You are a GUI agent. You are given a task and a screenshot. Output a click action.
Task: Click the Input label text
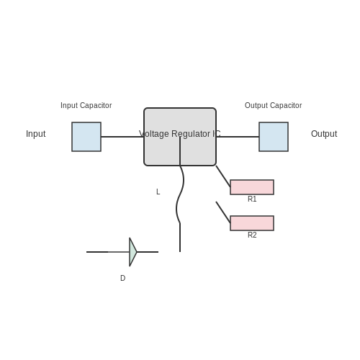pyautogui.click(x=36, y=134)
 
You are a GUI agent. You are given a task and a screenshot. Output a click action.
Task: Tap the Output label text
pyautogui.click(x=324, y=134)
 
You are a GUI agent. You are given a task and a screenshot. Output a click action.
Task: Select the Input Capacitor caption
pyautogui.click(x=86, y=105)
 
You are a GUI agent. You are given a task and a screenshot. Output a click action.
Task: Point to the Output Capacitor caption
pyautogui.click(x=274, y=105)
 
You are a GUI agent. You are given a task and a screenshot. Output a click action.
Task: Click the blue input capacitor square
pyautogui.click(x=86, y=137)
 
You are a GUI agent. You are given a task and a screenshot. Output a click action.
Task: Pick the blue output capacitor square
pyautogui.click(x=274, y=137)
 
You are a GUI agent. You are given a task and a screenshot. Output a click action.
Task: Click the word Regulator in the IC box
pyautogui.click(x=191, y=134)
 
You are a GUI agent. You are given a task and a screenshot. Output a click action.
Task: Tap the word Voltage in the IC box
pyautogui.click(x=154, y=134)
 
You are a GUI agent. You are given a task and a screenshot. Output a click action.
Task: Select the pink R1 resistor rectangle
pyautogui.click(x=252, y=187)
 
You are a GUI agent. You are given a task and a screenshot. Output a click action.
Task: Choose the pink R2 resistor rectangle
pyautogui.click(x=252, y=223)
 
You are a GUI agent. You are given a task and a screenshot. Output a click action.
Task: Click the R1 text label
pyautogui.click(x=252, y=199)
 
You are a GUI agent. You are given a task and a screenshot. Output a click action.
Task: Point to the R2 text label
pyautogui.click(x=252, y=235)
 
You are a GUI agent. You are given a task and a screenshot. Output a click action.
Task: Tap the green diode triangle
pyautogui.click(x=132, y=252)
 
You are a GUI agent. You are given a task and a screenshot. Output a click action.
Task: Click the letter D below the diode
pyautogui.click(x=122, y=278)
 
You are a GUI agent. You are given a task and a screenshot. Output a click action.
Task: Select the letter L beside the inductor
pyautogui.click(x=158, y=192)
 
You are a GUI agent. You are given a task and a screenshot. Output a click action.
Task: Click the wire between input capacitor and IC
pyautogui.click(x=122, y=137)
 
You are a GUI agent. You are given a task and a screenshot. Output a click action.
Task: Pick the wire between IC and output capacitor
pyautogui.click(x=238, y=137)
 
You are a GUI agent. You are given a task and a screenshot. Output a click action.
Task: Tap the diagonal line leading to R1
pyautogui.click(x=223, y=176)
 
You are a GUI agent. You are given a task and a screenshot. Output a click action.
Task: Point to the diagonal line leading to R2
pyautogui.click(x=223, y=212)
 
